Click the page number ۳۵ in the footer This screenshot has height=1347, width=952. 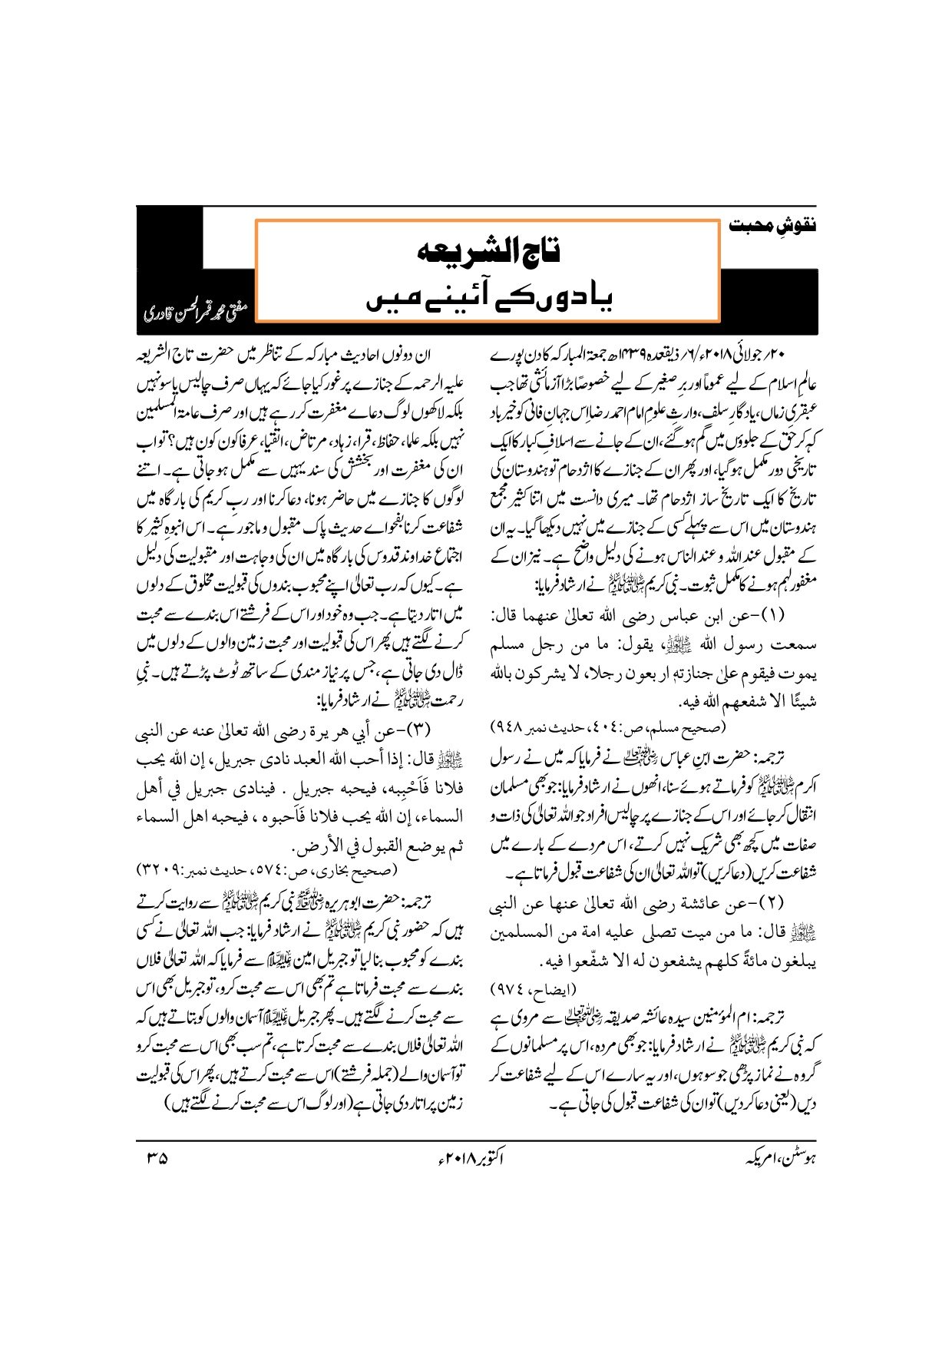coord(154,1156)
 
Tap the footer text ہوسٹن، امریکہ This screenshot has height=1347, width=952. coord(776,1157)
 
